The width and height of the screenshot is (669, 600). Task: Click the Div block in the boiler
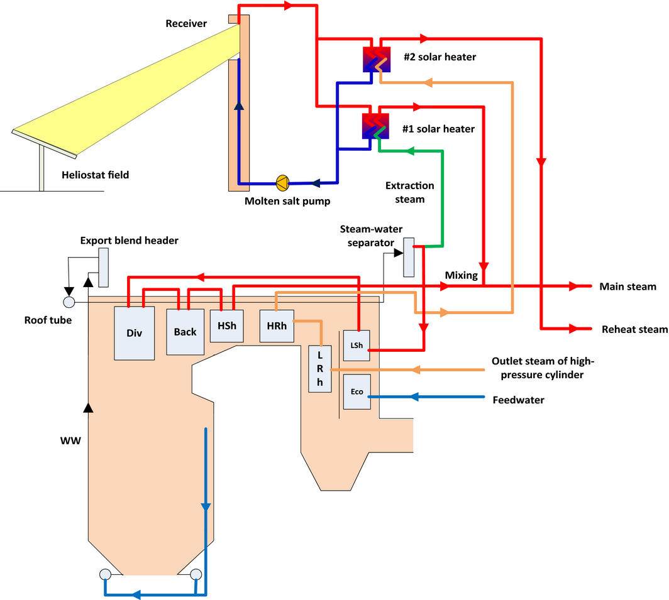point(134,333)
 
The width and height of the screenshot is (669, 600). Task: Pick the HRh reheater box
point(277,327)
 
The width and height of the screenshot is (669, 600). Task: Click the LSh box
point(356,346)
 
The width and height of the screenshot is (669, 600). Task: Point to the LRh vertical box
point(320,369)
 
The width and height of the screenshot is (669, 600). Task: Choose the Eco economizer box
point(357,391)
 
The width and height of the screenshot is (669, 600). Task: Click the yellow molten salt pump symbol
point(282,183)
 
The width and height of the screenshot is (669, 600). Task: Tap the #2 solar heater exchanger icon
point(375,60)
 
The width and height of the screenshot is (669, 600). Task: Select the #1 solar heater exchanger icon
point(375,126)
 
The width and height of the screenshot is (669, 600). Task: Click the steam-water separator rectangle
point(409,257)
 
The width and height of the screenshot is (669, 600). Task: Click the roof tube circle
point(69,302)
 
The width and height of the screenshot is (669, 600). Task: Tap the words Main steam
point(628,287)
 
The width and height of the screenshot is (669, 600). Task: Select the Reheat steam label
point(634,329)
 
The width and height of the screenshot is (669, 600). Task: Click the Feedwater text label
point(518,399)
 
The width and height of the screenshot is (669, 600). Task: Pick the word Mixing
point(462,275)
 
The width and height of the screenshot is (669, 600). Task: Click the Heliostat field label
point(96,175)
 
